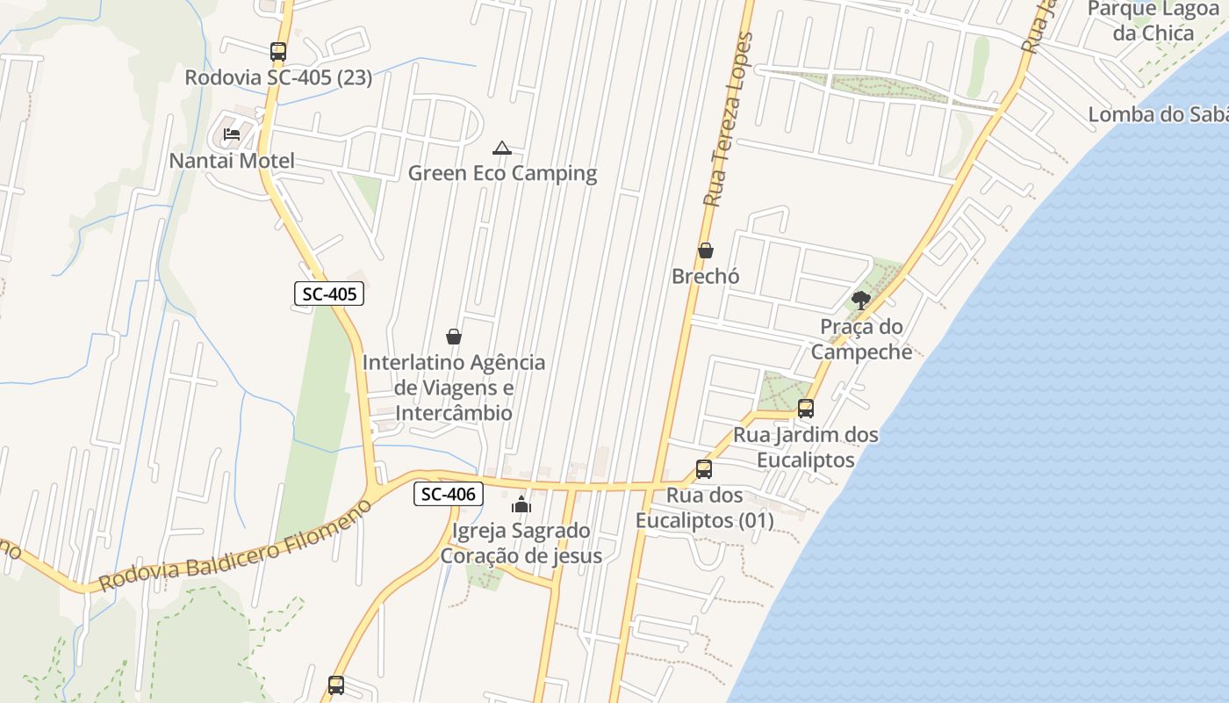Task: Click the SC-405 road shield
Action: [x=328, y=294]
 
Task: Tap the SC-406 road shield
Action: [x=448, y=495]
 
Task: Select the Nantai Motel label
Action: [x=232, y=161]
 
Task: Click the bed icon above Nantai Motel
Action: [x=232, y=134]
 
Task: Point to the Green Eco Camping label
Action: [x=502, y=173]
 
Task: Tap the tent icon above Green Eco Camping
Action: [x=501, y=148]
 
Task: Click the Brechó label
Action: [x=706, y=276]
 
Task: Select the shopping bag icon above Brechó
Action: [x=705, y=251]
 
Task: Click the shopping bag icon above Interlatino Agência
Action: [x=454, y=337]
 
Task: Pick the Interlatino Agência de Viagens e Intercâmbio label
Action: [x=454, y=388]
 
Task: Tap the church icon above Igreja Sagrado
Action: [x=521, y=504]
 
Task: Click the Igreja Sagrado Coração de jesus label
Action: [x=521, y=543]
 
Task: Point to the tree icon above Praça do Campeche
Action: [x=861, y=301]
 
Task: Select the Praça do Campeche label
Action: [x=861, y=339]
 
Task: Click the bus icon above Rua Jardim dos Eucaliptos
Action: [x=805, y=409]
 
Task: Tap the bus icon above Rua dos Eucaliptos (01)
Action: [x=704, y=469]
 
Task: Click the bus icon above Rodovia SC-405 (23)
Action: [x=278, y=52]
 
